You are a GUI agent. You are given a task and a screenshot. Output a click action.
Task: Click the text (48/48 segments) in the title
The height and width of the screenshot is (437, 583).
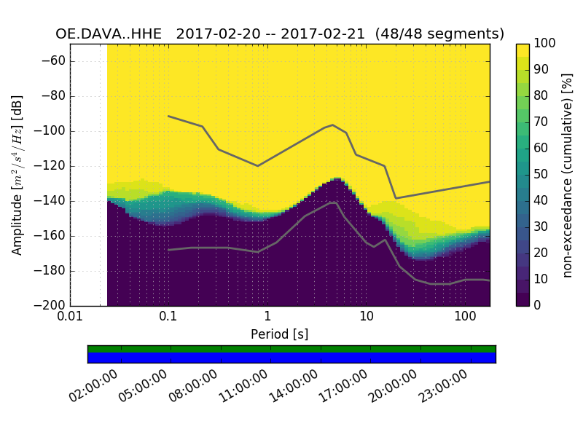(x=444, y=34)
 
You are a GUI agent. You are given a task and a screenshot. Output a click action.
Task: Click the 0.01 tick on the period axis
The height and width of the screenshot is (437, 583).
(x=70, y=318)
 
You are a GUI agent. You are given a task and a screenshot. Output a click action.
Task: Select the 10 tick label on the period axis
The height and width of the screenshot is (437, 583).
(x=367, y=318)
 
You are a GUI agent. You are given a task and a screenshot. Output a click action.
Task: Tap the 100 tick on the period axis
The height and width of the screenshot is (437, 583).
(x=465, y=318)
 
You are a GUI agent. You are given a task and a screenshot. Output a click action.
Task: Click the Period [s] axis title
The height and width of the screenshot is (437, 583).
(x=279, y=334)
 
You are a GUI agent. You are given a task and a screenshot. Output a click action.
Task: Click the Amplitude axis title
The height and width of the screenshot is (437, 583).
(x=17, y=175)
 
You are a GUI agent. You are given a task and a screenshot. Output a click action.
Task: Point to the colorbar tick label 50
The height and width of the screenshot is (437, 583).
(x=541, y=175)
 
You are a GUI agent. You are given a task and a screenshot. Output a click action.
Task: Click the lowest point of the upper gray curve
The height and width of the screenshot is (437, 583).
(x=396, y=198)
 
